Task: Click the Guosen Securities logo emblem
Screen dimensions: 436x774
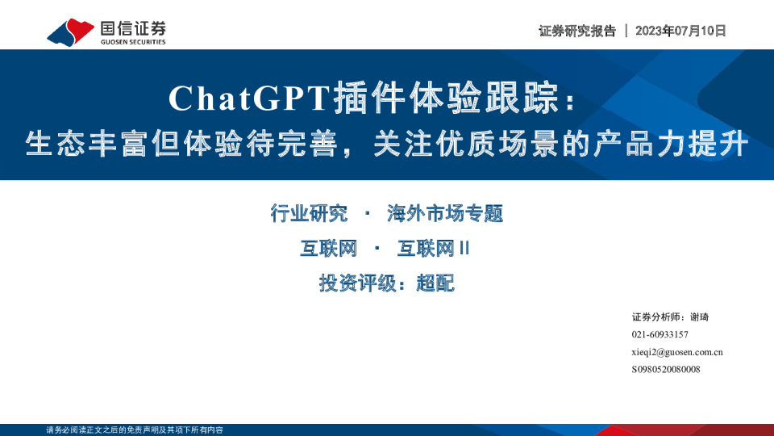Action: (x=71, y=31)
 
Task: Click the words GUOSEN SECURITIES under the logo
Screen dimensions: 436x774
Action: (x=133, y=42)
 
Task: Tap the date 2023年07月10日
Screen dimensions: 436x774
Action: (x=680, y=31)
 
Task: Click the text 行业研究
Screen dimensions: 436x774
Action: (x=310, y=214)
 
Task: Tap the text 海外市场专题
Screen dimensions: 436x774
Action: (x=445, y=214)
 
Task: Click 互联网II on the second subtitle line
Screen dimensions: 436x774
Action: (x=433, y=249)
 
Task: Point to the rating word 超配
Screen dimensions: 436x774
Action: (x=435, y=283)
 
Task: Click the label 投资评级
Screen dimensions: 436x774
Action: (x=352, y=283)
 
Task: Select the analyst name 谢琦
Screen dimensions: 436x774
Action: (x=700, y=317)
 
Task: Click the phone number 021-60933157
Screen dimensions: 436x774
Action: (x=660, y=334)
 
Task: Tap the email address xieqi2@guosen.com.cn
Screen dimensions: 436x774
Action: (x=676, y=352)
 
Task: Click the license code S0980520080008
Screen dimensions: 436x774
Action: (x=665, y=369)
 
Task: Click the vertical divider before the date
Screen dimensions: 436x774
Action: (x=626, y=31)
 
